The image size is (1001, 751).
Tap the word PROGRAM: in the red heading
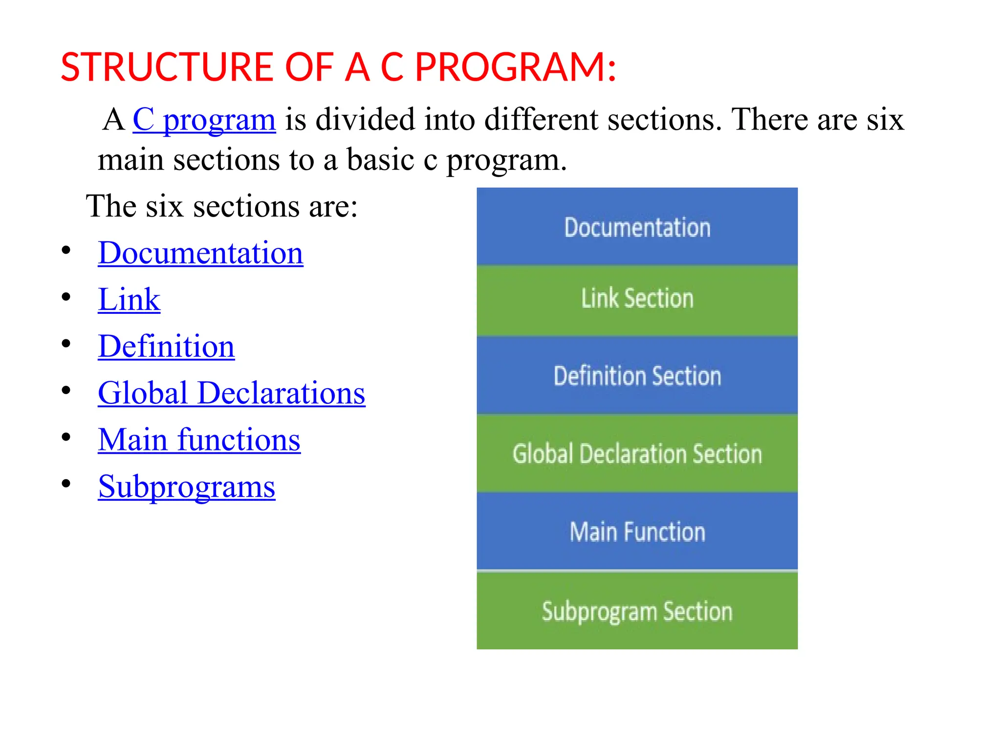(x=516, y=67)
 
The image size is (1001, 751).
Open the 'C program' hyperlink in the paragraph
(x=204, y=119)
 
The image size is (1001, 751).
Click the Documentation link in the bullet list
(x=200, y=253)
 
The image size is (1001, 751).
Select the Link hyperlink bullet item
(x=129, y=300)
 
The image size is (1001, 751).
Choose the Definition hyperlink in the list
(x=166, y=347)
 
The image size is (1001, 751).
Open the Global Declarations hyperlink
(x=231, y=393)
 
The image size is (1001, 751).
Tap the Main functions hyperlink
(x=199, y=440)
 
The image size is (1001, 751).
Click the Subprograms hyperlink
(x=186, y=487)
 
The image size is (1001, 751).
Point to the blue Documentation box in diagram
(x=637, y=227)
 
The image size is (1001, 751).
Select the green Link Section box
(x=637, y=299)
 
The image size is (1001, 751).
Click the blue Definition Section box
(x=637, y=375)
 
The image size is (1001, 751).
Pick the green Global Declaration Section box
(x=637, y=453)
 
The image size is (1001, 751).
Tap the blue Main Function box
(x=637, y=531)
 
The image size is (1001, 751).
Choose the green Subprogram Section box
(x=637, y=611)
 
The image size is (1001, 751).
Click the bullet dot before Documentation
(x=66, y=251)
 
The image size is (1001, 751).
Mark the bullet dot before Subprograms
(x=66, y=484)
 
